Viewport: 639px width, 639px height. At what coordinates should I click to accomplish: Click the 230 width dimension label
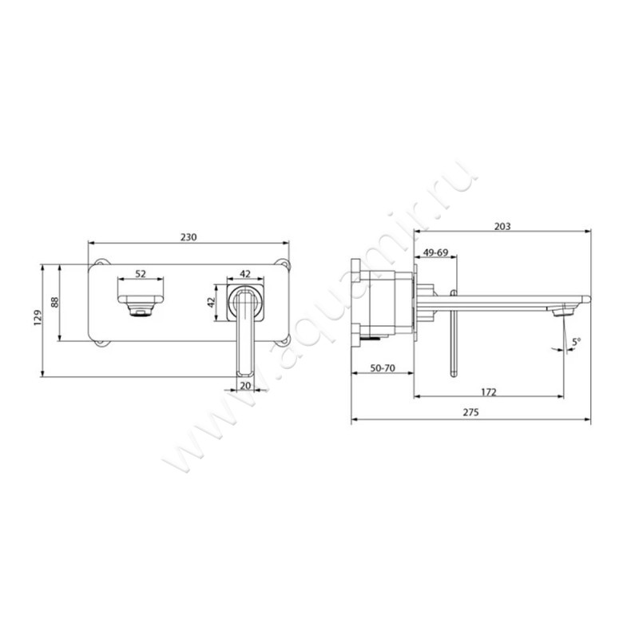tap(189, 236)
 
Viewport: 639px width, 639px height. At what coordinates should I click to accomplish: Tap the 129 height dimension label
tap(38, 317)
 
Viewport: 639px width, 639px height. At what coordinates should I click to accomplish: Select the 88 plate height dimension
tap(54, 303)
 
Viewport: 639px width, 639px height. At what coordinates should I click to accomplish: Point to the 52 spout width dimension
tap(141, 274)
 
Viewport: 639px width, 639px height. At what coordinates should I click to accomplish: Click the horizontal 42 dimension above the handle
tap(245, 274)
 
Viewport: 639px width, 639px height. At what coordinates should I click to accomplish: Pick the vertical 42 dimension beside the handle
tap(211, 303)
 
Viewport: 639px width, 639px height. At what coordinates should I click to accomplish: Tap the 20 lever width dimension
tap(245, 386)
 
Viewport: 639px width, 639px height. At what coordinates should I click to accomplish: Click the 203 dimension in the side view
tap(502, 226)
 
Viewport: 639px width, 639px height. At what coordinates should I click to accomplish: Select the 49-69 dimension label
tap(435, 252)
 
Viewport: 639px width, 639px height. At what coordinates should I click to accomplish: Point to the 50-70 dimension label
tap(383, 368)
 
